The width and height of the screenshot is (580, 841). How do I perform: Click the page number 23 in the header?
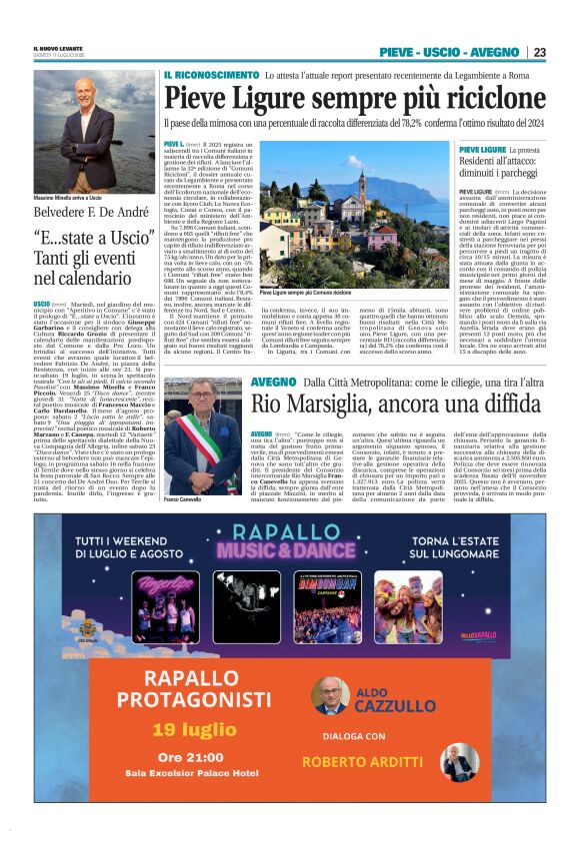point(539,52)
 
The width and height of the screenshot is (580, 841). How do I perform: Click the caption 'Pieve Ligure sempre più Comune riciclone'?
point(306,293)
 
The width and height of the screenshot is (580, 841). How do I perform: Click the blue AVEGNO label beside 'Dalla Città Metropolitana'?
point(273,383)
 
